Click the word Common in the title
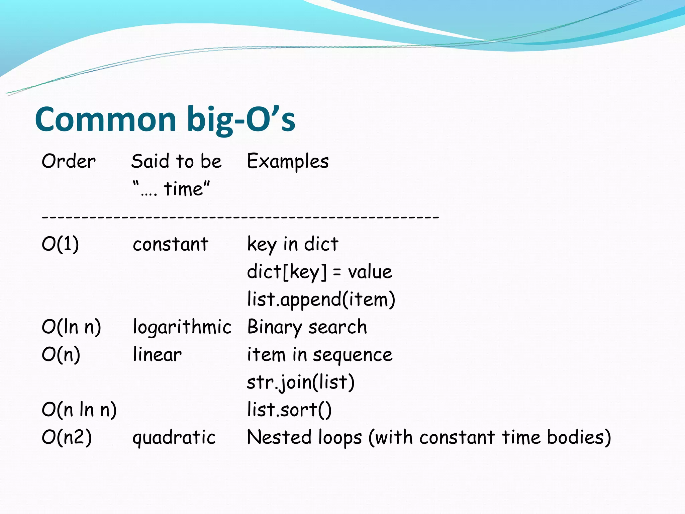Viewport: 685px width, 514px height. pyautogui.click(x=105, y=120)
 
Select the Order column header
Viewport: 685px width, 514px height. pyautogui.click(x=69, y=161)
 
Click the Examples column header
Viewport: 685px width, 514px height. pyautogui.click(x=288, y=161)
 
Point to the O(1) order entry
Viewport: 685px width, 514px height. pyautogui.click(x=60, y=244)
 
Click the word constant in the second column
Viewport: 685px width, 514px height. pyautogui.click(x=170, y=244)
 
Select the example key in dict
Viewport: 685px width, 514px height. pyautogui.click(x=293, y=244)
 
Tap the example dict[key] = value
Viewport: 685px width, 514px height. pyautogui.click(x=319, y=272)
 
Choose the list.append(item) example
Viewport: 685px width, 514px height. pyautogui.click(x=321, y=299)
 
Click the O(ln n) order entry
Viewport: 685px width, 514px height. pyautogui.click(x=71, y=327)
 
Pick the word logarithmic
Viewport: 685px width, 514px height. pyautogui.click(x=182, y=327)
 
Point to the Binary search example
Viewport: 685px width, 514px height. pyautogui.click(x=307, y=327)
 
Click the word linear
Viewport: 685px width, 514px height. pyautogui.click(x=157, y=354)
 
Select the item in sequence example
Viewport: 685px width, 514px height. pyautogui.click(x=319, y=355)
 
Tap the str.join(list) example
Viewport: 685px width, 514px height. pyautogui.click(x=300, y=382)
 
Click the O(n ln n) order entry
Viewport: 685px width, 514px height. pyautogui.click(x=79, y=410)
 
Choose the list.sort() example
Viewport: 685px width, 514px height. pyautogui.click(x=289, y=410)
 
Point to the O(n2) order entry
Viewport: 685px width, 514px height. pyautogui.click(x=67, y=437)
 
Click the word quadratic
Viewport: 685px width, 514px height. pyautogui.click(x=174, y=438)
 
